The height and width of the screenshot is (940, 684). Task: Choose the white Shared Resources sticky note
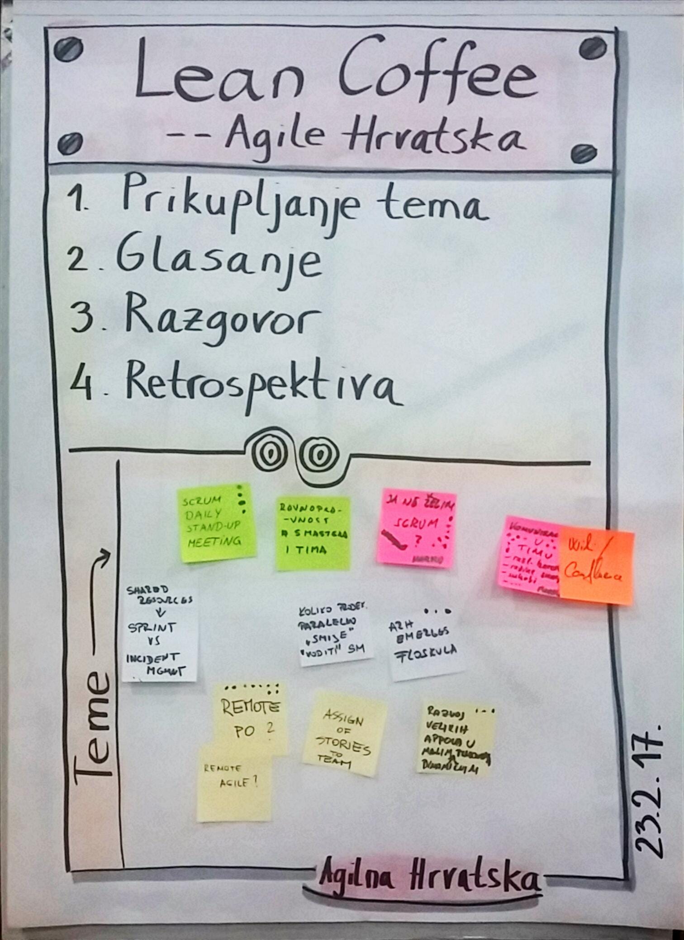[x=159, y=633]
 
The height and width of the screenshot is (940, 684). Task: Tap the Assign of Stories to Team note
[x=345, y=734]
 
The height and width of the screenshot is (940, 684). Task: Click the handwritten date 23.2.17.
[x=649, y=791]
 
